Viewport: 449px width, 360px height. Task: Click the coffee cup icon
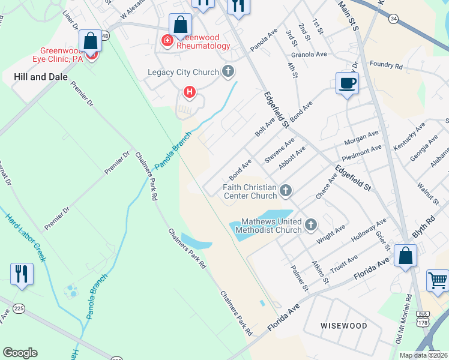pyautogui.click(x=347, y=83)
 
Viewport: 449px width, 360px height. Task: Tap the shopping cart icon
pyautogui.click(x=438, y=280)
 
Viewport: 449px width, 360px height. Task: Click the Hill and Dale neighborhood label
pyautogui.click(x=38, y=76)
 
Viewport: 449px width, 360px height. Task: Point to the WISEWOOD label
pyautogui.click(x=344, y=326)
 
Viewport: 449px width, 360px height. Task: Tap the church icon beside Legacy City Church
pyautogui.click(x=228, y=73)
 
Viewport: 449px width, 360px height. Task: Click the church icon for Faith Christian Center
pyautogui.click(x=286, y=191)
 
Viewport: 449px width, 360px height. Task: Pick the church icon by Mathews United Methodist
pyautogui.click(x=311, y=225)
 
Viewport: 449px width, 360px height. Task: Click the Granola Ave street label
pyautogui.click(x=309, y=54)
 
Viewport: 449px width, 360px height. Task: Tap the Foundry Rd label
pyautogui.click(x=386, y=63)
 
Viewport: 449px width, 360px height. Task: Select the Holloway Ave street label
pyautogui.click(x=373, y=232)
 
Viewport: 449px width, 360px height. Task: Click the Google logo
pyautogui.click(x=20, y=353)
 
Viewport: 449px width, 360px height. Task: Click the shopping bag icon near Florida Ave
pyautogui.click(x=406, y=256)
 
